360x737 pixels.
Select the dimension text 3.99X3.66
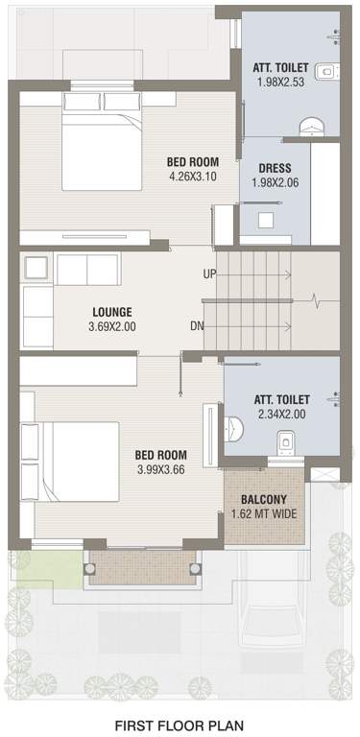[x=160, y=469]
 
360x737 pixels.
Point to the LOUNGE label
[x=112, y=312]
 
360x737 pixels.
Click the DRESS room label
[x=275, y=169]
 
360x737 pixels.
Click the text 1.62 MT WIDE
[x=264, y=515]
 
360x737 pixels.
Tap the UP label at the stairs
[x=209, y=274]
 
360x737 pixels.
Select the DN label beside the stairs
[x=197, y=326]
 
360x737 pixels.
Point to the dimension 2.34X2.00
[x=281, y=415]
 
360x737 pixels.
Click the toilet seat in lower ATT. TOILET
[x=285, y=444]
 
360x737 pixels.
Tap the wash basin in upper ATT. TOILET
[x=326, y=69]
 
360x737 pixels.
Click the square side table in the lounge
[x=36, y=269]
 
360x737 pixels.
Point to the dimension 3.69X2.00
[x=112, y=327]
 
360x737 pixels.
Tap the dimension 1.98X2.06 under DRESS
[x=275, y=183]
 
